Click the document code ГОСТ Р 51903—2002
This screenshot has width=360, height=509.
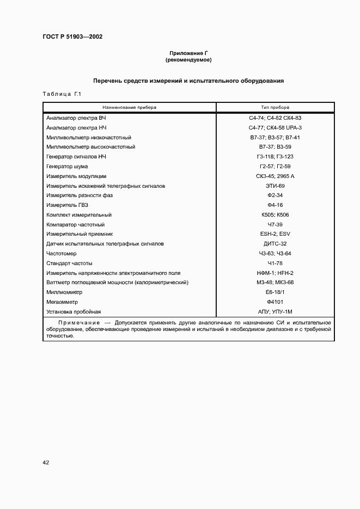tap(72, 37)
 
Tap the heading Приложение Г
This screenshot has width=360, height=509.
tap(188, 53)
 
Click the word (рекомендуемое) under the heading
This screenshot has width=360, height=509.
tap(188, 60)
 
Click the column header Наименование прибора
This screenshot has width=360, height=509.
tap(129, 107)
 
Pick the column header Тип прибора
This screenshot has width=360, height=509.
tap(275, 107)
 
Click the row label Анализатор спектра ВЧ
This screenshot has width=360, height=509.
tap(76, 118)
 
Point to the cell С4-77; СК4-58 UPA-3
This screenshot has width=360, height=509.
tap(275, 127)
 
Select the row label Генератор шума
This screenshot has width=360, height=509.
tap(67, 167)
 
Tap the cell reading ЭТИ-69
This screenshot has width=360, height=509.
tap(275, 186)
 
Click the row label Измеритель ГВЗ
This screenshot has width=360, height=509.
tap(68, 205)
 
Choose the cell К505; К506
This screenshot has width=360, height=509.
tap(275, 215)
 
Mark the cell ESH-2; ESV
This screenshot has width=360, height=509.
tap(275, 234)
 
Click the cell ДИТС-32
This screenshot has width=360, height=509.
tap(275, 244)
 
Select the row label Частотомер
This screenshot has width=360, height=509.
tap(62, 254)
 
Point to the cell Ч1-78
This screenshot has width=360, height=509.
tap(275, 263)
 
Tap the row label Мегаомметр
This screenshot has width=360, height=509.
tap(63, 302)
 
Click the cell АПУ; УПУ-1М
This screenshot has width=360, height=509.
tap(275, 312)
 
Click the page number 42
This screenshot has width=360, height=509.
tap(46, 463)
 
